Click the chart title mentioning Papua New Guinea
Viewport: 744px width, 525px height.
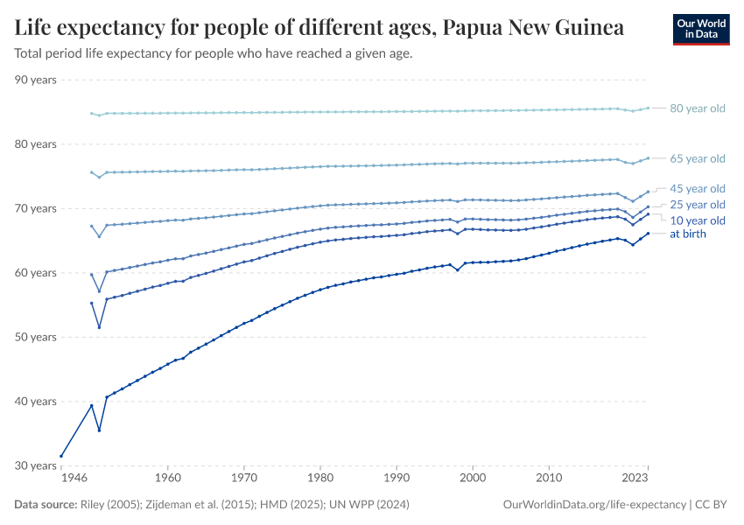[x=319, y=28]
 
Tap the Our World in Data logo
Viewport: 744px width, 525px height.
[x=700, y=29]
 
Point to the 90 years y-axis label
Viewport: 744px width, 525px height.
[x=36, y=80]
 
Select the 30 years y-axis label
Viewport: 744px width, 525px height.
[x=36, y=465]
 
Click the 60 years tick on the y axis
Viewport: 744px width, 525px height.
[x=36, y=273]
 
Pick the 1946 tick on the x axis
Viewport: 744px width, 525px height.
[x=74, y=479]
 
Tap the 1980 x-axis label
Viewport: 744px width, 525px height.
[x=320, y=479]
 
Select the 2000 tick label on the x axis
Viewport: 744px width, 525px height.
[x=473, y=479]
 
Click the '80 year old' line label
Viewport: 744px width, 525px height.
[x=698, y=108]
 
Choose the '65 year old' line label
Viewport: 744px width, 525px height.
[x=698, y=158]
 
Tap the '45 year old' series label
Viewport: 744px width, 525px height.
[x=698, y=189]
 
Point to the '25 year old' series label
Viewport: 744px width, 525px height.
[x=698, y=205]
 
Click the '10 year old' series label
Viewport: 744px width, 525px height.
[x=698, y=220]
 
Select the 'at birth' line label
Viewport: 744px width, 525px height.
[x=688, y=234]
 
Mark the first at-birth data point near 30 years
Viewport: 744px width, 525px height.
[x=61, y=456]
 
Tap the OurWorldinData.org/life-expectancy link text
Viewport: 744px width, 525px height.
[x=595, y=505]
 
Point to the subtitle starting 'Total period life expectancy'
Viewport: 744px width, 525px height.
[x=214, y=53]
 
